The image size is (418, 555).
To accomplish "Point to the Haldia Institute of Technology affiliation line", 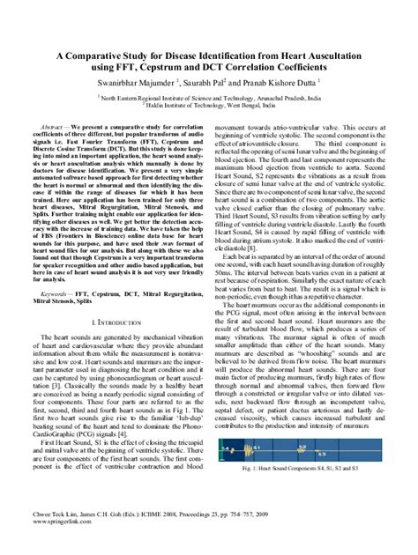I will point(209,107).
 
